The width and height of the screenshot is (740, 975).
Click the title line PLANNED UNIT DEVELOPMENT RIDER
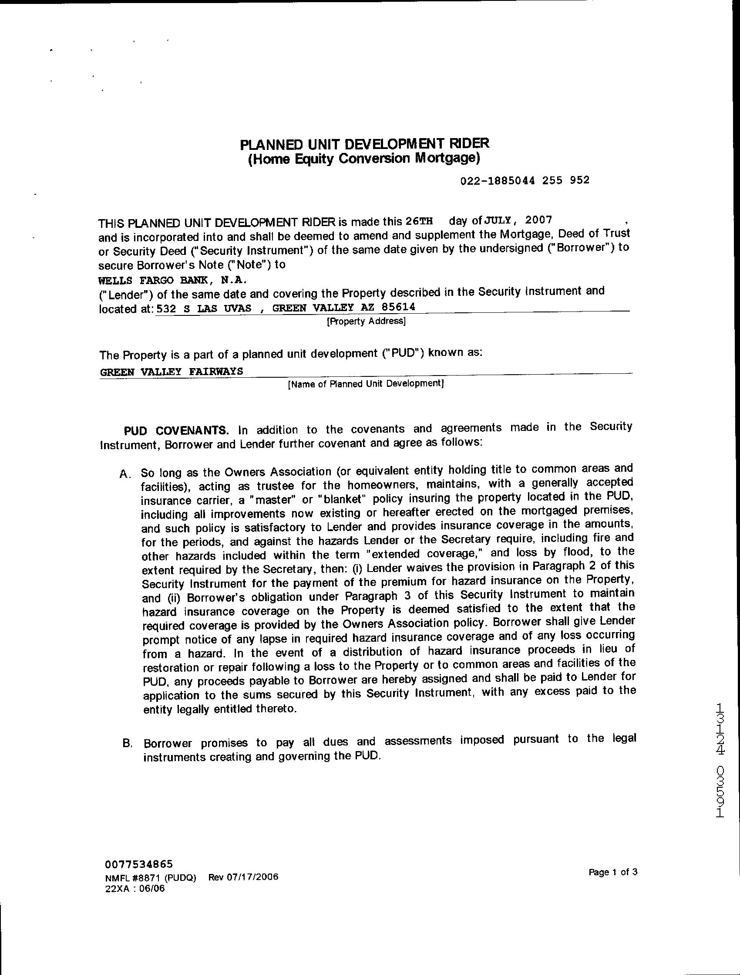[364, 144]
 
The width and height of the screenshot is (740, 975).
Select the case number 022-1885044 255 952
[525, 180]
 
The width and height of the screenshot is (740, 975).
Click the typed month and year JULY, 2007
[518, 219]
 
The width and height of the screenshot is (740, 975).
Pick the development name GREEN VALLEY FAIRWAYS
[172, 371]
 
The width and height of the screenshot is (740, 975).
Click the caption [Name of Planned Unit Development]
[366, 384]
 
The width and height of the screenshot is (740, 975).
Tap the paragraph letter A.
[124, 474]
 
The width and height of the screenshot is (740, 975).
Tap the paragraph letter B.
[128, 743]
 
